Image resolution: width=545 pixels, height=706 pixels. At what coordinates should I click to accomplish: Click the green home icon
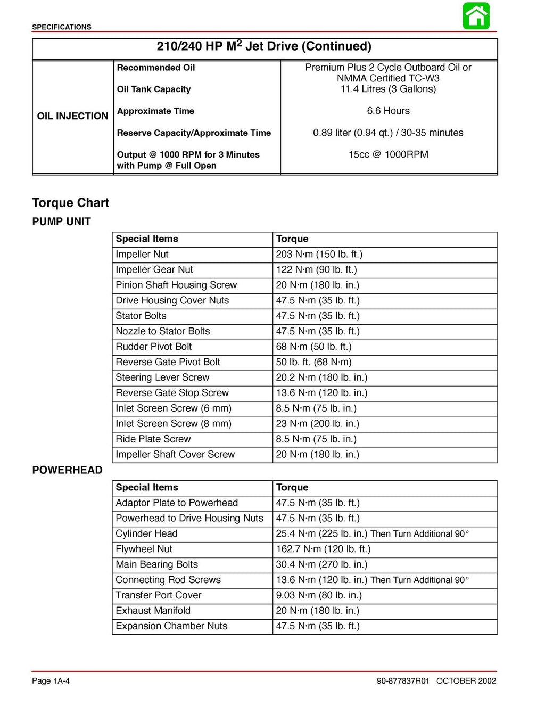click(476, 16)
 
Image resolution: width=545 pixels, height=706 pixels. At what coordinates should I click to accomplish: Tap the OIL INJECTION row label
click(72, 116)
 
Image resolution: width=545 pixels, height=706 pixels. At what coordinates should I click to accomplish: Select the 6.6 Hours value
click(388, 111)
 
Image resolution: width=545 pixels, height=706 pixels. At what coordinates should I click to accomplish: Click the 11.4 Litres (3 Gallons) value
click(388, 89)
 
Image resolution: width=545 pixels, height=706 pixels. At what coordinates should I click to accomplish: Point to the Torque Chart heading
click(70, 203)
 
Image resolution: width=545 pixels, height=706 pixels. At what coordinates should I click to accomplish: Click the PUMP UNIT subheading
click(61, 221)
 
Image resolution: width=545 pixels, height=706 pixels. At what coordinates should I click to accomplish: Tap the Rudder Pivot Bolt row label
click(153, 347)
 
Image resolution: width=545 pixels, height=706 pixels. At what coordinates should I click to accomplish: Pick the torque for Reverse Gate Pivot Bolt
click(313, 362)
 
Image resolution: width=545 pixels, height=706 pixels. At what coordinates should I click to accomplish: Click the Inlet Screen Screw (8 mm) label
click(174, 424)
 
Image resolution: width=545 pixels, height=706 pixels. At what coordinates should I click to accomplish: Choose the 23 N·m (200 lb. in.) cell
click(317, 424)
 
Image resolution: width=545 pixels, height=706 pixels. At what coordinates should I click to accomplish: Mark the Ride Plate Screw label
click(153, 439)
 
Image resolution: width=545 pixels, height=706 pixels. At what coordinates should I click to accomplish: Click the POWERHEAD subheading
click(67, 470)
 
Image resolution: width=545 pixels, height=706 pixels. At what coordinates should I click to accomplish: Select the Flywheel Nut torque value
click(323, 549)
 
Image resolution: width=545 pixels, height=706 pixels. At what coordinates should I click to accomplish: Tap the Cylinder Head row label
click(146, 533)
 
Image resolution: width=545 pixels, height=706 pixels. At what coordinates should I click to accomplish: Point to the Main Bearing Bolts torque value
click(321, 564)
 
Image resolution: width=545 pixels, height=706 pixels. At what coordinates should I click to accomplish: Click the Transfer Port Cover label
click(158, 595)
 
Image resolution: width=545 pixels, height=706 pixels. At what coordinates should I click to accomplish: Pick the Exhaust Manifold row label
click(153, 611)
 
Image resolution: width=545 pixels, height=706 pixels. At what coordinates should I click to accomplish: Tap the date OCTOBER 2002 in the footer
click(466, 681)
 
